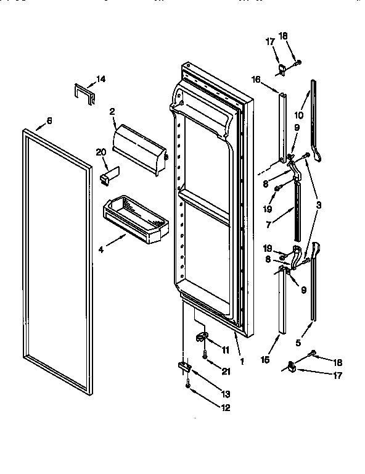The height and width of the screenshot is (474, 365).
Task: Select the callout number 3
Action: (x=318, y=204)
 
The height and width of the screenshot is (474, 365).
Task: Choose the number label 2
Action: (x=113, y=111)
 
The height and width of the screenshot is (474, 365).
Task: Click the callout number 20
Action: (x=100, y=152)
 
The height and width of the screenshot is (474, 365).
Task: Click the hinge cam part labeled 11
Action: (x=201, y=336)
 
